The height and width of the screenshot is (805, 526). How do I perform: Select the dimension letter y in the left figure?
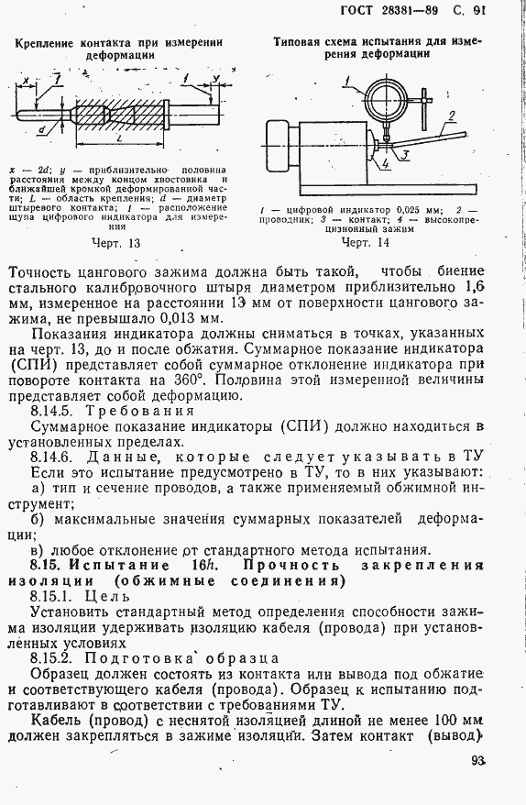pyautogui.click(x=214, y=78)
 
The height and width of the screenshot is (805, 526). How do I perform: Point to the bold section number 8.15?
pyautogui.click(x=46, y=566)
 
